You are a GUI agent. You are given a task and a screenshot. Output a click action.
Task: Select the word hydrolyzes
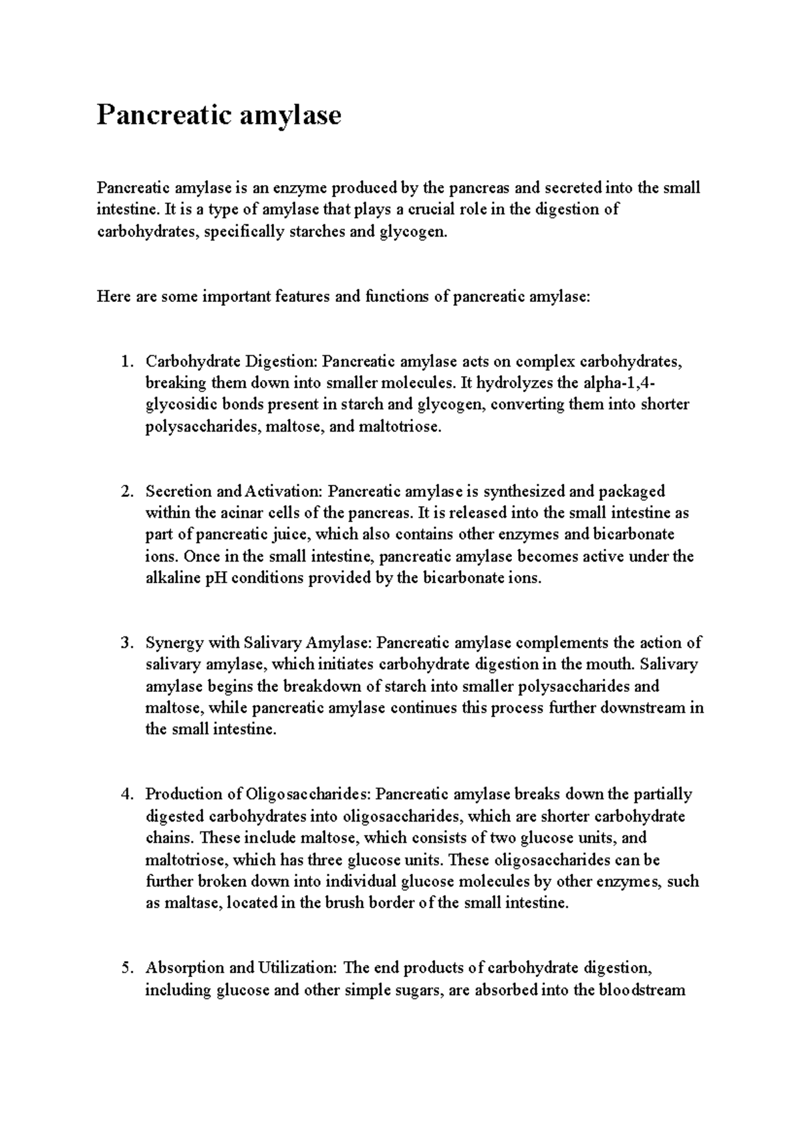point(514,383)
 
